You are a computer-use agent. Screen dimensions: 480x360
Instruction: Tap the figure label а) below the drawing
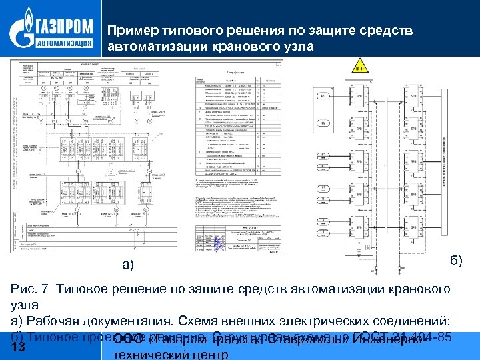tap(129, 265)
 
